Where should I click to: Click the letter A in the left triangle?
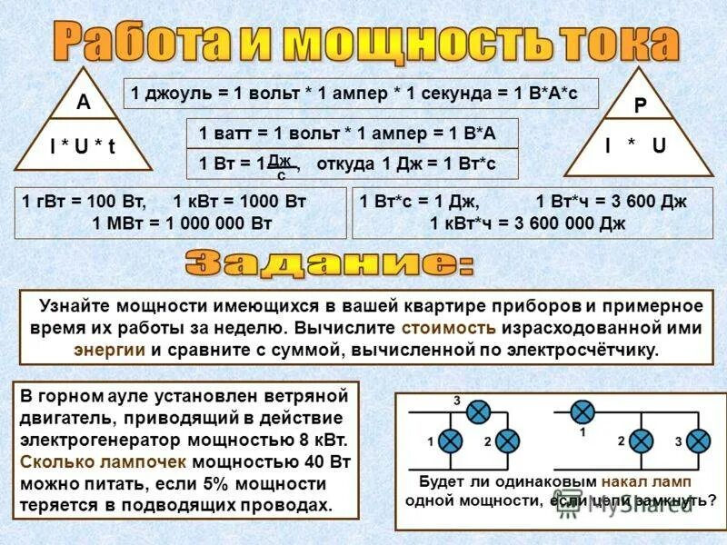pyautogui.click(x=83, y=103)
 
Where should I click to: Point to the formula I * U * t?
pyautogui.click(x=82, y=146)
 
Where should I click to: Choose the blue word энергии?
pyautogui.click(x=105, y=349)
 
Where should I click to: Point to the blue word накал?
pyautogui.click(x=632, y=481)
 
